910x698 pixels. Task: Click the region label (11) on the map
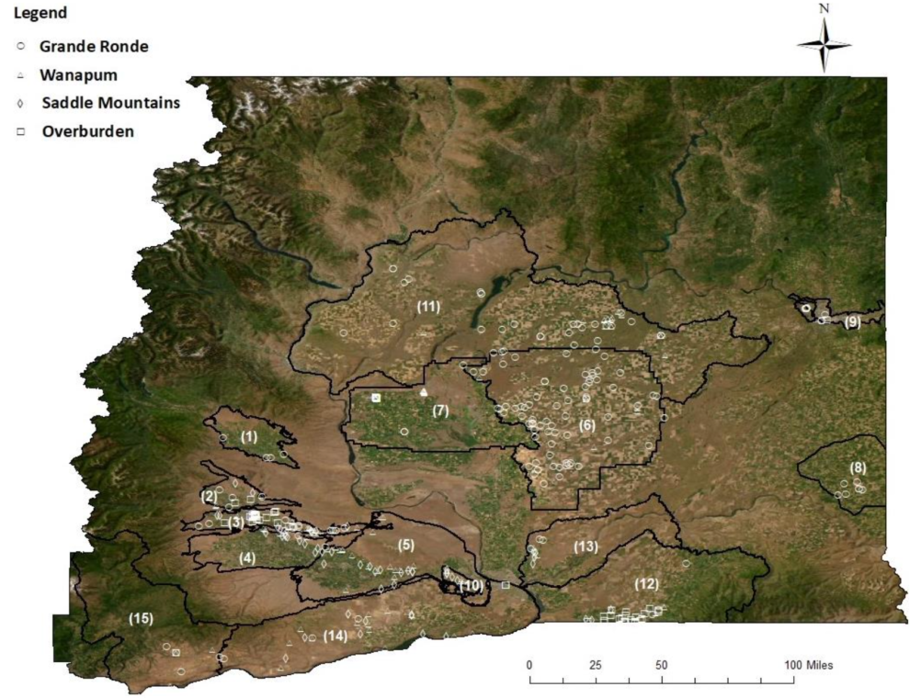[427, 306]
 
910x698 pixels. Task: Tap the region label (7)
[440, 411]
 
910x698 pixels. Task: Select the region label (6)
[586, 425]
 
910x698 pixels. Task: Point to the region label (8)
[857, 467]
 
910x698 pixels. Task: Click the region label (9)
[852, 321]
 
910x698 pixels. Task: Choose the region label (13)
[586, 546]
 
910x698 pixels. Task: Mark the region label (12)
[647, 583]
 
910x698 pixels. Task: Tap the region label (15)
[141, 618]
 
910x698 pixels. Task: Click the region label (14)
[335, 636]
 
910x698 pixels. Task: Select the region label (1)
[248, 437]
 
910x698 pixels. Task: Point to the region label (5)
[405, 544]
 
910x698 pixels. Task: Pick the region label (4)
[246, 557]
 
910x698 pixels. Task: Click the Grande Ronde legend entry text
[93, 46]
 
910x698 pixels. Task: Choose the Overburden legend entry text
[87, 131]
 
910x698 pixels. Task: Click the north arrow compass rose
[824, 44]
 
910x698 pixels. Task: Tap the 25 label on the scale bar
[595, 665]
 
